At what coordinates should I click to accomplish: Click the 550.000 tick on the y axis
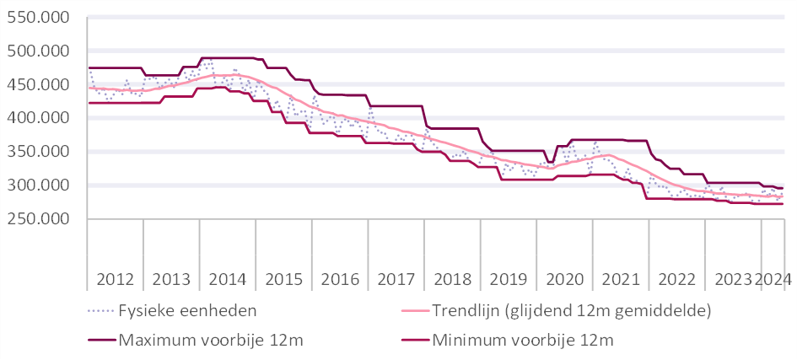pos(38,18)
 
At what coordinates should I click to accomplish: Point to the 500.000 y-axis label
pos(38,51)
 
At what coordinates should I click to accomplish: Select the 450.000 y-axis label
pos(38,85)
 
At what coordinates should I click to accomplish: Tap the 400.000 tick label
pos(38,118)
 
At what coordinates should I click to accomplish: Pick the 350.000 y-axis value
pos(38,152)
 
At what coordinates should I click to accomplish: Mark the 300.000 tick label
pos(38,185)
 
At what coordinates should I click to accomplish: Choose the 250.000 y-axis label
pos(38,219)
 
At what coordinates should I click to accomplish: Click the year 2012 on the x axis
pos(115,279)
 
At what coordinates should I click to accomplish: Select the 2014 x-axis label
pos(227,279)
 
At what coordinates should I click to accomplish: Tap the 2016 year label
pos(340,279)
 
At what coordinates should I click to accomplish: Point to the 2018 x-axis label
pos(452,279)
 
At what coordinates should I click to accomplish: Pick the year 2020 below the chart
pos(564,279)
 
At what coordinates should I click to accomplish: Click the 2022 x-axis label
pos(676,279)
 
